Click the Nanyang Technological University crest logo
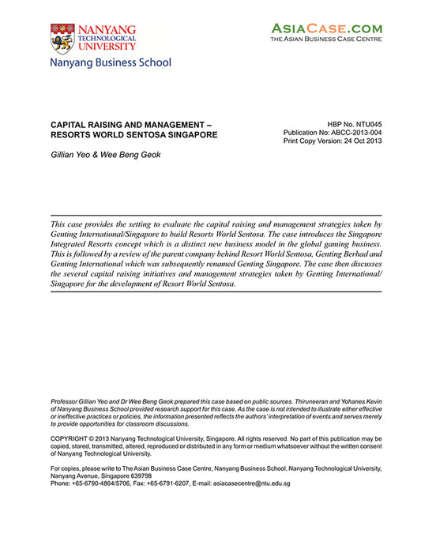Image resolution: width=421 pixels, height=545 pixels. point(62,38)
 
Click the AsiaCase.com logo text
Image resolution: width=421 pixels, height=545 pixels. point(326,28)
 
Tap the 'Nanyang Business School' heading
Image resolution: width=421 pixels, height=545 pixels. point(110,62)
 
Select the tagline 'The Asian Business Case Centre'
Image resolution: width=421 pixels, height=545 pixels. point(326,39)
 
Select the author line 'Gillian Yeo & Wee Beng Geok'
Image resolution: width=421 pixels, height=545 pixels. point(105,155)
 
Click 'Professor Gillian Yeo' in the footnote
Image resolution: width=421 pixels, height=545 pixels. point(85,402)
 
